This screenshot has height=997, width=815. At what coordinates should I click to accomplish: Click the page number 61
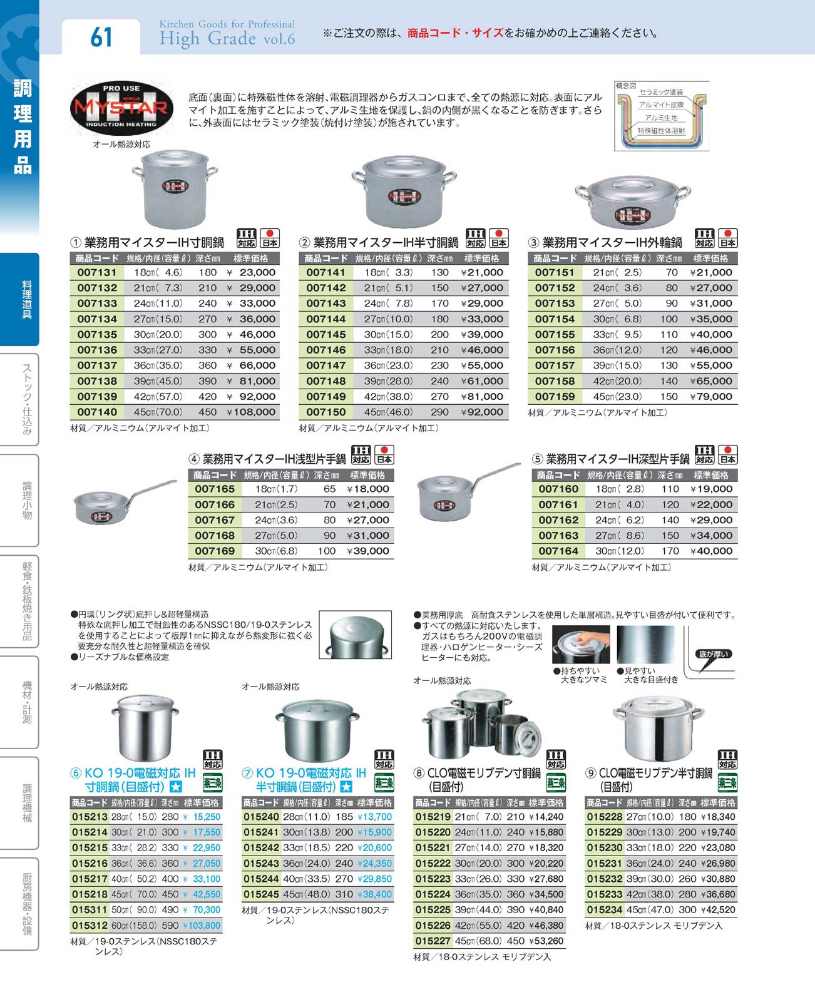click(101, 36)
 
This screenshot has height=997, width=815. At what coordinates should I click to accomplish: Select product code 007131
click(97, 272)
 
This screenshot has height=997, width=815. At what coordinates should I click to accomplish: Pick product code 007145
click(325, 334)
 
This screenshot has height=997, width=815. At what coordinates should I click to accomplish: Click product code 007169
click(214, 551)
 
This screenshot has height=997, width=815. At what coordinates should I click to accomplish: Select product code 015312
click(90, 925)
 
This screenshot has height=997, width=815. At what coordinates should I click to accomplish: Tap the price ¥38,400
click(374, 894)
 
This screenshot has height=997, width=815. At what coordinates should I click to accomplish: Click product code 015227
click(433, 941)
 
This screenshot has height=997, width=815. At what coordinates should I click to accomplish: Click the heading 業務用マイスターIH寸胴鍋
click(154, 242)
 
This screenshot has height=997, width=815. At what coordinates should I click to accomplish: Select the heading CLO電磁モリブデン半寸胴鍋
click(655, 773)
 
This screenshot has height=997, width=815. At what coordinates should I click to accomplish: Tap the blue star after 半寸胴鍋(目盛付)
click(346, 787)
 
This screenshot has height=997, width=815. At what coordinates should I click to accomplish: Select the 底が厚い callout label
click(712, 654)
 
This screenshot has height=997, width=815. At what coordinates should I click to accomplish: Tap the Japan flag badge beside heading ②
click(498, 238)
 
